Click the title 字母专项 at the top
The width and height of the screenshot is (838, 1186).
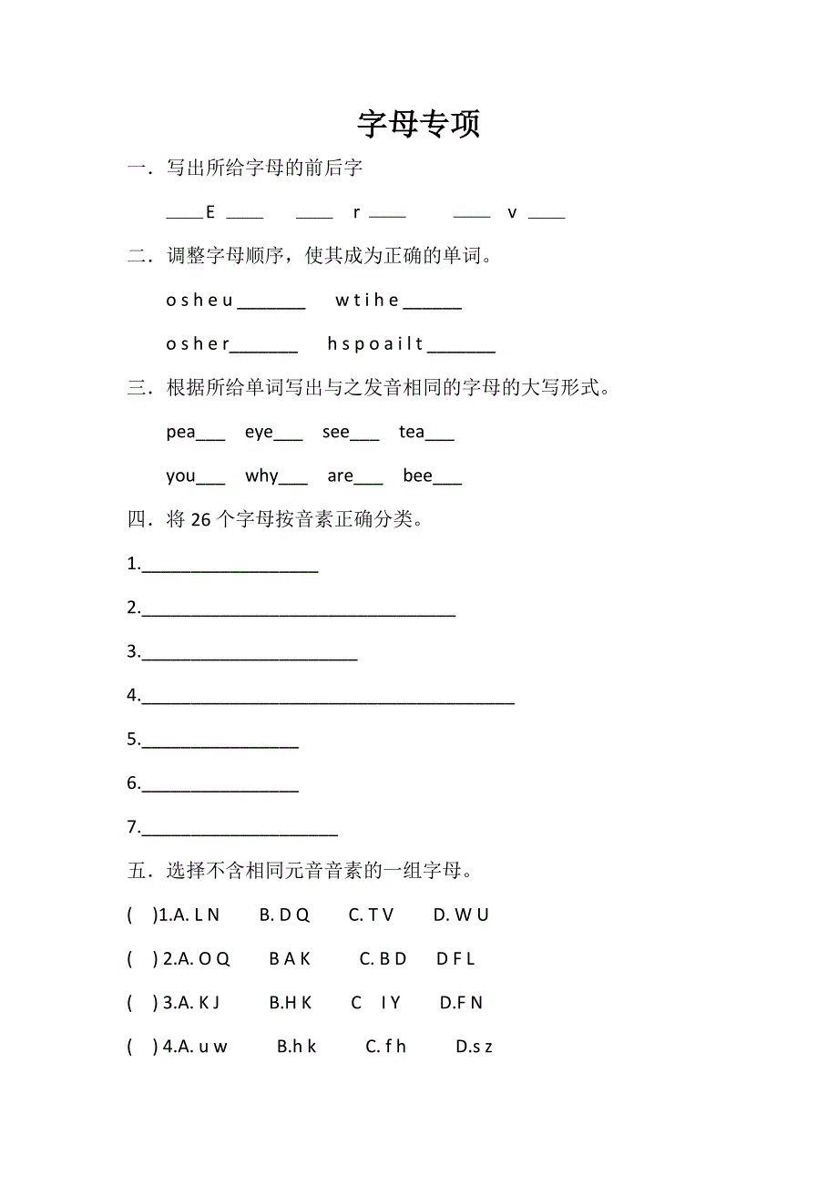pos(418,125)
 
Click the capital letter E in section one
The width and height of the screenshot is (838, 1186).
pos(210,212)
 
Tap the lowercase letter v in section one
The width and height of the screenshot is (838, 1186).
pos(512,213)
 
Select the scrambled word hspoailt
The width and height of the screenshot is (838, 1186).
pos(375,343)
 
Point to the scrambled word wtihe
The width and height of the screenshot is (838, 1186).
pos(367,300)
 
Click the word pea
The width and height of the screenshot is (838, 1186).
pos(180,432)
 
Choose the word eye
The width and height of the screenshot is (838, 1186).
pos(259,432)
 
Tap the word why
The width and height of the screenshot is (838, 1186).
pos(261,475)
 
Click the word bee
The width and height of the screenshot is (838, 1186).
pos(417,475)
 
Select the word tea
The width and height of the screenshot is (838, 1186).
pos(412,432)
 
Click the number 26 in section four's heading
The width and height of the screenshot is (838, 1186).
pos(200,519)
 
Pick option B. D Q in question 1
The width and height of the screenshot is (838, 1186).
pos(284,915)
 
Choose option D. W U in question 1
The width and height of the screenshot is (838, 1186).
pos(461,915)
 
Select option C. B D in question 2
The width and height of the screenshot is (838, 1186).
pos(383,958)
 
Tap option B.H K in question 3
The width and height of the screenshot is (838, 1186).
pos(291,1002)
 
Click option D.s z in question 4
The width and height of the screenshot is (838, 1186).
pos(474,1047)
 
